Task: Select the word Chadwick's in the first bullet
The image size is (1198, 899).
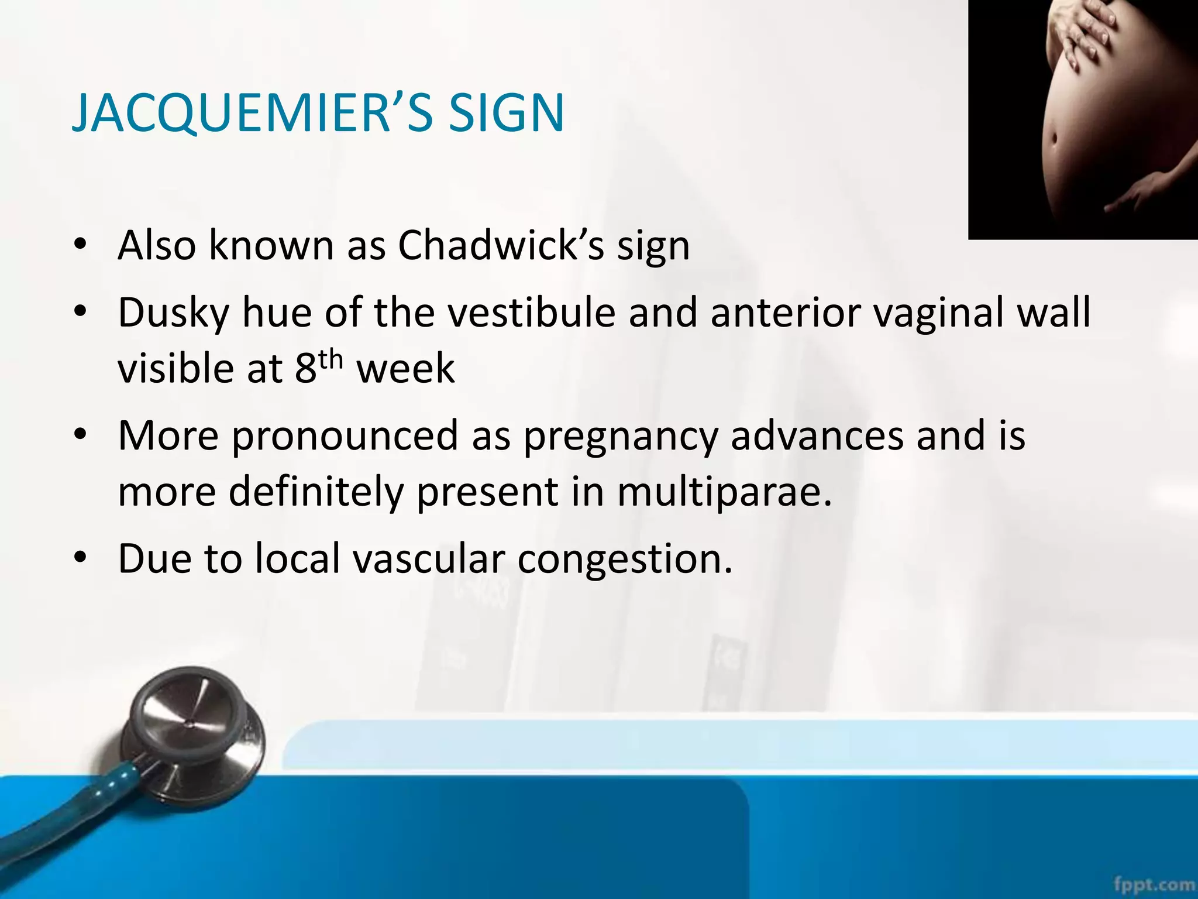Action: (501, 245)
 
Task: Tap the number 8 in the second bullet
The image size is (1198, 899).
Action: (305, 369)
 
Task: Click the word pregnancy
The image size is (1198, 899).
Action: (620, 437)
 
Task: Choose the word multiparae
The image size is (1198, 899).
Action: (724, 492)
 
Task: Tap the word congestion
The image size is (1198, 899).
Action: (625, 559)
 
